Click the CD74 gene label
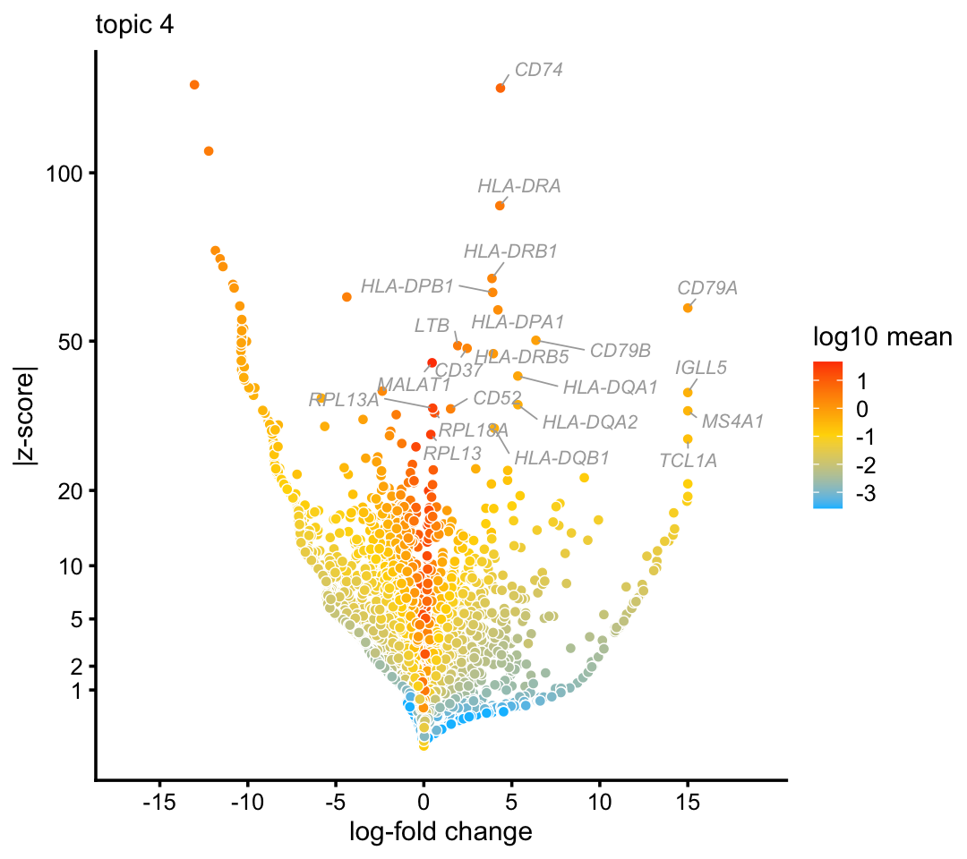click(x=539, y=69)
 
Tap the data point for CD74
click(x=501, y=88)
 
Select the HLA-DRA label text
click(x=518, y=186)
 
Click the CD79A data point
click(x=688, y=308)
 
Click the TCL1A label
click(x=688, y=461)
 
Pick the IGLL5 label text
click(x=701, y=367)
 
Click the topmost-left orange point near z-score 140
click(x=194, y=85)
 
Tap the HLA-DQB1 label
click(x=561, y=457)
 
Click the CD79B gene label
click(x=620, y=350)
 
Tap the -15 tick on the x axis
click(x=158, y=797)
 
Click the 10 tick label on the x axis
click(x=599, y=797)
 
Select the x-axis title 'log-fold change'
click(x=441, y=832)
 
